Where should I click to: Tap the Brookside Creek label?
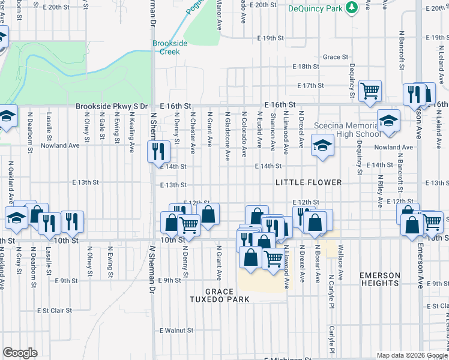pyautogui.click(x=170, y=47)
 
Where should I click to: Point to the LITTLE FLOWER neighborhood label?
pyautogui.click(x=309, y=182)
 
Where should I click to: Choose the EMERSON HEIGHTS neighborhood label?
pyautogui.click(x=379, y=280)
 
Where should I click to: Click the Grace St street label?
pyautogui.click(x=335, y=57)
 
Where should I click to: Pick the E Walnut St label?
pyautogui.click(x=176, y=330)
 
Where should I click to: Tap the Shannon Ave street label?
pyautogui.click(x=273, y=131)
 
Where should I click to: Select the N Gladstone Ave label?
pyautogui.click(x=227, y=136)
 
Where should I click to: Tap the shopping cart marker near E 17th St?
pyautogui.click(x=370, y=91)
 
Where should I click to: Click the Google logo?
pyautogui.click(x=20, y=353)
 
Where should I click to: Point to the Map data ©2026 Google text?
pyautogui.click(x=412, y=355)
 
